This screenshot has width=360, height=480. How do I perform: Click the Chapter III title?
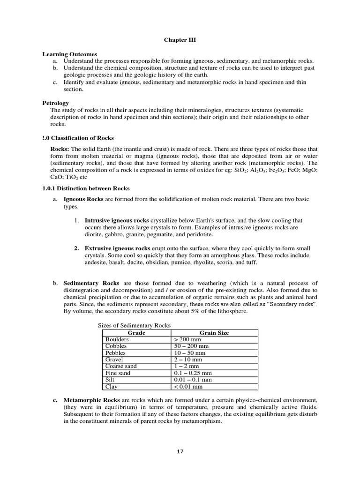point(180,40)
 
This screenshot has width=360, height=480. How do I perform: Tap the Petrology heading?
point(56,103)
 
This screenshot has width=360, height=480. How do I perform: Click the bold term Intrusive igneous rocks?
point(116,220)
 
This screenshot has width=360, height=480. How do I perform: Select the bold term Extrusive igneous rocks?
point(117,248)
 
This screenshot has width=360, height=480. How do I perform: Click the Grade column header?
point(136,333)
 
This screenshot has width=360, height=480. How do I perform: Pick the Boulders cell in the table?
point(117,339)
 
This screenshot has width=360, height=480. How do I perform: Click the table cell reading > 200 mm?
point(187,339)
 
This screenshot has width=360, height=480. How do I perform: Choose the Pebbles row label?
point(116,353)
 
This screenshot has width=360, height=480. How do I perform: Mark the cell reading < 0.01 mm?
point(188,387)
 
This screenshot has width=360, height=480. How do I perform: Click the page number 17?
point(180,451)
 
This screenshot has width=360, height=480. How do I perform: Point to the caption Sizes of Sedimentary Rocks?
point(134,325)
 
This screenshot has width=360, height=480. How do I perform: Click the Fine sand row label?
point(118,373)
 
